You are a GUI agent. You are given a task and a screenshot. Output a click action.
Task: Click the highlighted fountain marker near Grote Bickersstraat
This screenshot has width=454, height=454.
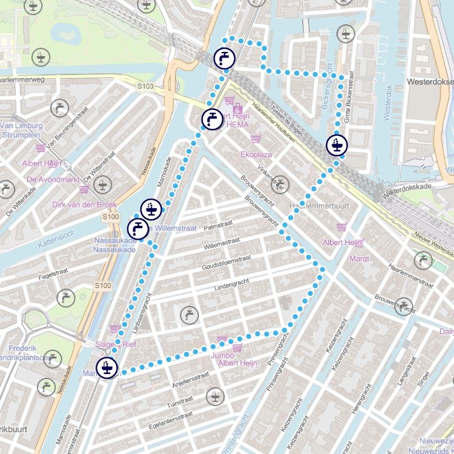point(337,145)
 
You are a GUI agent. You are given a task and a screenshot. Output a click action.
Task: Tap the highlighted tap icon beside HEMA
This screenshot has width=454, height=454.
point(211,119)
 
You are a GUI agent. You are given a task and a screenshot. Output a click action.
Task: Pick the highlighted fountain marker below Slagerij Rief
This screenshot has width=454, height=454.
point(107,367)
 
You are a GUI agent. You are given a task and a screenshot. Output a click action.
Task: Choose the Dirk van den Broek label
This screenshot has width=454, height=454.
point(84,205)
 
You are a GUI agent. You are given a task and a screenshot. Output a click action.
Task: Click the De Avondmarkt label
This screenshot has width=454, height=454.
point(53,180)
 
